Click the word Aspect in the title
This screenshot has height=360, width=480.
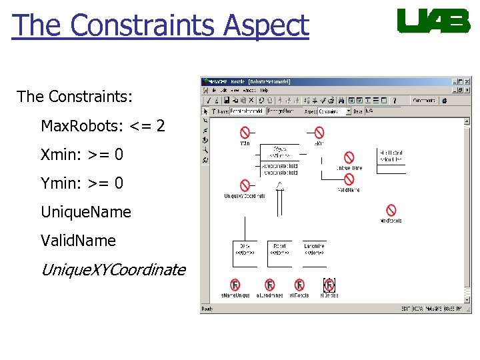tap(267, 25)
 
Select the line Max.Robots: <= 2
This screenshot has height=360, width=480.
tap(103, 125)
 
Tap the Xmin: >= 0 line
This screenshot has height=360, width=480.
tap(82, 155)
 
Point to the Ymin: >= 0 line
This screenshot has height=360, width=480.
tap(82, 183)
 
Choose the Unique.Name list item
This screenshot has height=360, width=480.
tap(86, 212)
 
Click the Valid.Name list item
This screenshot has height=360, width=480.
tap(78, 241)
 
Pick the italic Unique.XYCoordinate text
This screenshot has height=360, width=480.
tap(113, 270)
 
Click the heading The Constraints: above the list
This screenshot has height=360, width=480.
tap(75, 97)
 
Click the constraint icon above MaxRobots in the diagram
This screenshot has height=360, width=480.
tap(391, 211)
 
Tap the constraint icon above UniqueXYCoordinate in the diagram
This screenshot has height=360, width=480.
tap(245, 185)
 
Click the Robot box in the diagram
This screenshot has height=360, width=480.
tap(280, 249)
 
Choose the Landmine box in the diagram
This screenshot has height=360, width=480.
tap(314, 249)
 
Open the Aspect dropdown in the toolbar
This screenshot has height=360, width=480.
tap(348, 111)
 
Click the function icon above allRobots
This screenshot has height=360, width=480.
tap(299, 285)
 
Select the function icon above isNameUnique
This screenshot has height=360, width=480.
tap(235, 285)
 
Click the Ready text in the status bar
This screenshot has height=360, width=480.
tap(207, 309)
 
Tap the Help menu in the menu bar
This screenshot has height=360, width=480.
tap(265, 90)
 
